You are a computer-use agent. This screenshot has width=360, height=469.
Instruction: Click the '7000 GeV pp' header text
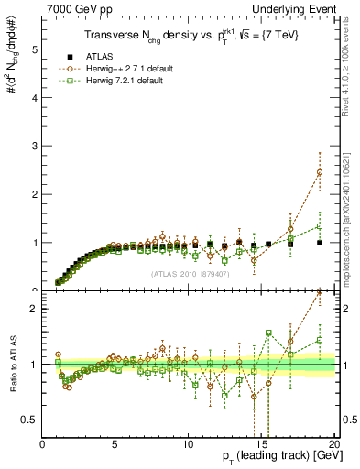[x=76, y=8]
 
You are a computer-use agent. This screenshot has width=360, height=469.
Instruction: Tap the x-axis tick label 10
[x=188, y=443]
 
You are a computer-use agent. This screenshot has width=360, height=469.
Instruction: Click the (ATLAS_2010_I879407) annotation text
[x=189, y=274]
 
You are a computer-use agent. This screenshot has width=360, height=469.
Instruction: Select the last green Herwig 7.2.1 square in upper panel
[x=320, y=226]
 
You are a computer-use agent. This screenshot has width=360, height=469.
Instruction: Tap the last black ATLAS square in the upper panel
[x=320, y=243]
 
